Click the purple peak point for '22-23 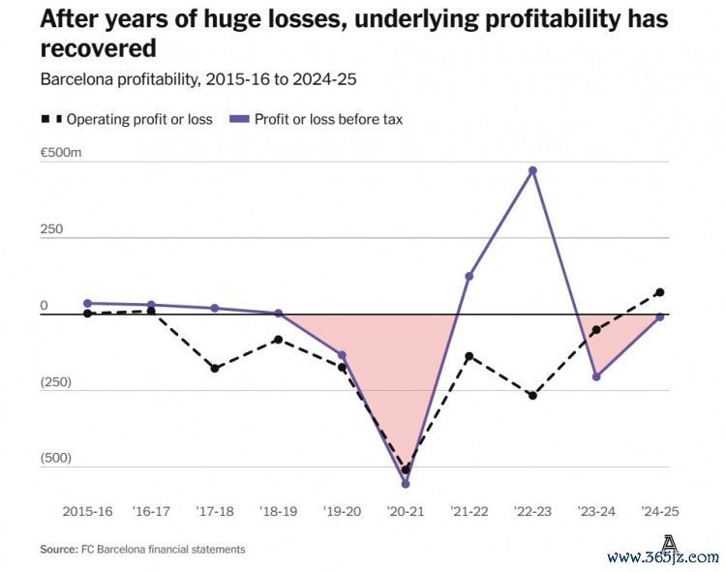(x=532, y=171)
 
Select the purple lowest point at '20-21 (x=406, y=483)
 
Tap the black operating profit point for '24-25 (x=659, y=292)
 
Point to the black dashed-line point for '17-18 (x=215, y=369)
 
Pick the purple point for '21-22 (x=469, y=277)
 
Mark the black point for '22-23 (x=532, y=396)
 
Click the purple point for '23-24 (x=596, y=376)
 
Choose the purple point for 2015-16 (x=87, y=303)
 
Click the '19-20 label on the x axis (x=341, y=510)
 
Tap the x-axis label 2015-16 (x=87, y=510)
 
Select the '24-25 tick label (x=659, y=510)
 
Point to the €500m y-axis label (x=62, y=154)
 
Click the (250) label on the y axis (x=56, y=382)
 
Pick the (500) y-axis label (x=56, y=458)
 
